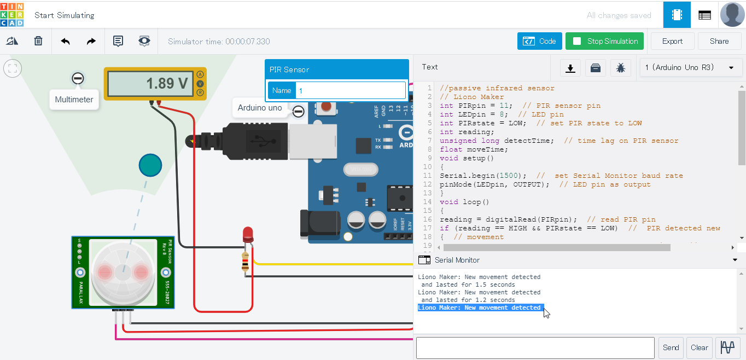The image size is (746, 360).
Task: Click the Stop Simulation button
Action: click(604, 41)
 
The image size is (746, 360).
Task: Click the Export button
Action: click(672, 41)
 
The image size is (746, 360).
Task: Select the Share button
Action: click(719, 41)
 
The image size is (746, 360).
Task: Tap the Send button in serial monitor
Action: click(671, 347)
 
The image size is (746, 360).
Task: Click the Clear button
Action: click(700, 347)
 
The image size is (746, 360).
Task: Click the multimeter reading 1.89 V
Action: click(148, 84)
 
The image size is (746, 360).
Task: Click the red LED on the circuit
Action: click(247, 235)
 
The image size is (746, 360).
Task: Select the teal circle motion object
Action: click(150, 165)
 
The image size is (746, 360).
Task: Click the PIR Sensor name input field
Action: click(350, 90)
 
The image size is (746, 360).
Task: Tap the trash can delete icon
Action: click(38, 41)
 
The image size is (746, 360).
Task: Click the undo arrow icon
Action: click(66, 41)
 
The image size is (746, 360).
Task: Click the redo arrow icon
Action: click(91, 41)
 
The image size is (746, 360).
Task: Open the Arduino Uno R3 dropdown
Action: click(689, 67)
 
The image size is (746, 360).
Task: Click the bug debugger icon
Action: click(621, 68)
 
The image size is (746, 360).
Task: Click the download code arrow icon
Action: click(570, 68)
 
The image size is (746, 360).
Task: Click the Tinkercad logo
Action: click(12, 14)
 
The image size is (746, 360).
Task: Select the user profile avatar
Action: click(732, 14)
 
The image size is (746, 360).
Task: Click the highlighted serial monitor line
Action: click(479, 307)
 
